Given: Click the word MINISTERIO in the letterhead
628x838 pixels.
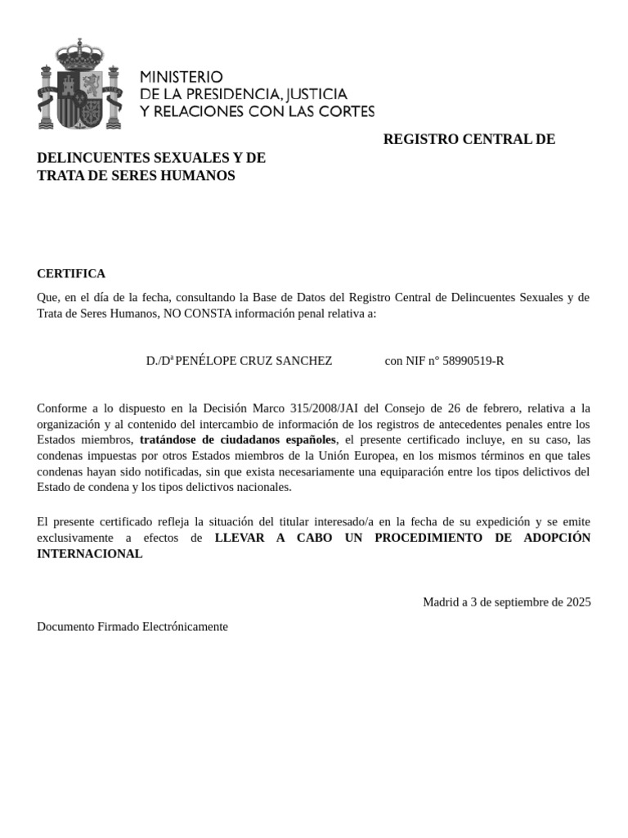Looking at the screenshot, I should click(182, 76).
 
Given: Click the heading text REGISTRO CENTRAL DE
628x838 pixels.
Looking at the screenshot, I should click(469, 139).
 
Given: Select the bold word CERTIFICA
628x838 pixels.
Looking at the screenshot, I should click(71, 273).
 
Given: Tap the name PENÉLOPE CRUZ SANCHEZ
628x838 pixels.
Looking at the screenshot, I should click(253, 360).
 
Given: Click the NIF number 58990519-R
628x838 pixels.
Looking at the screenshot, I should click(473, 360).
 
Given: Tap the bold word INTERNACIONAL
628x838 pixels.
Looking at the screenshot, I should click(90, 553).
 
